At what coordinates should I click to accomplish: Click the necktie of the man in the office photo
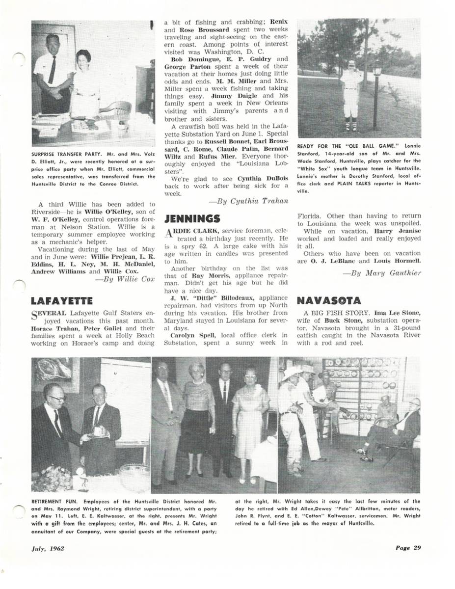point(52,70)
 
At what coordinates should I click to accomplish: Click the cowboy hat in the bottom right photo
point(293,374)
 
